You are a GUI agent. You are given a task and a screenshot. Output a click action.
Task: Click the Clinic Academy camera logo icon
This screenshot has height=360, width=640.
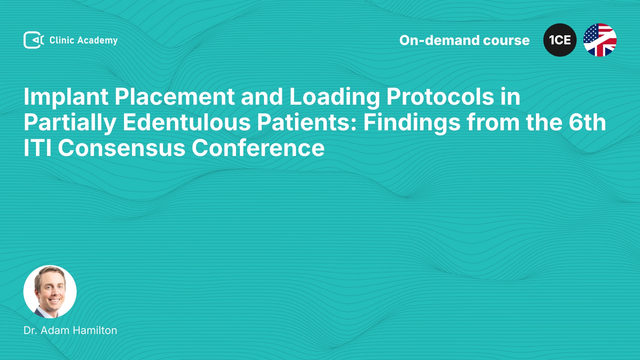(34, 40)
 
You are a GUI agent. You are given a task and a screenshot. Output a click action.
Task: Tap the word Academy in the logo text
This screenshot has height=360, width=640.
(97, 41)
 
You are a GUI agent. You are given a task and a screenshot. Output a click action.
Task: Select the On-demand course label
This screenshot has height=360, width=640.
(464, 40)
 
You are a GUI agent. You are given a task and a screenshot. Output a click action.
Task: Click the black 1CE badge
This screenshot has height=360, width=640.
(560, 40)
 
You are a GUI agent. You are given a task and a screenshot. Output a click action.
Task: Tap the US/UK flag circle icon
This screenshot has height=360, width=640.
(600, 40)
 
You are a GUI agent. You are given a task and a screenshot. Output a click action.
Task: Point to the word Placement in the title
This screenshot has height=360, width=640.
(175, 97)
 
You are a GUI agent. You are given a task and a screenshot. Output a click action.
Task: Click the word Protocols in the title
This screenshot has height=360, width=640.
(440, 97)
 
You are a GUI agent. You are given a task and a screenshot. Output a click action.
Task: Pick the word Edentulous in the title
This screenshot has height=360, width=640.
(187, 122)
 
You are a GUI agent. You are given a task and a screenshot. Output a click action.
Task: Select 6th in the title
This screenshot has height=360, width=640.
(587, 122)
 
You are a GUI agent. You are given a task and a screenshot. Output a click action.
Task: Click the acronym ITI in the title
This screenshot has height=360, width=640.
(38, 148)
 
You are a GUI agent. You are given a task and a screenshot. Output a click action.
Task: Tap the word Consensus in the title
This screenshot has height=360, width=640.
(122, 149)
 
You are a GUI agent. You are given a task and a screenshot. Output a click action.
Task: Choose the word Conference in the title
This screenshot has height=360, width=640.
(258, 149)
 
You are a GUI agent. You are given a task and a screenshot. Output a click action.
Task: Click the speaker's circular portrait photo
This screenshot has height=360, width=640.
(50, 292)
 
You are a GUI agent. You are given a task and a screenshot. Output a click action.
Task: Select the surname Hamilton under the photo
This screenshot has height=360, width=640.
(95, 330)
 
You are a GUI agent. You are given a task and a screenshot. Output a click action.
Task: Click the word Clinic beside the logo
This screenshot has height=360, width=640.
(62, 40)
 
